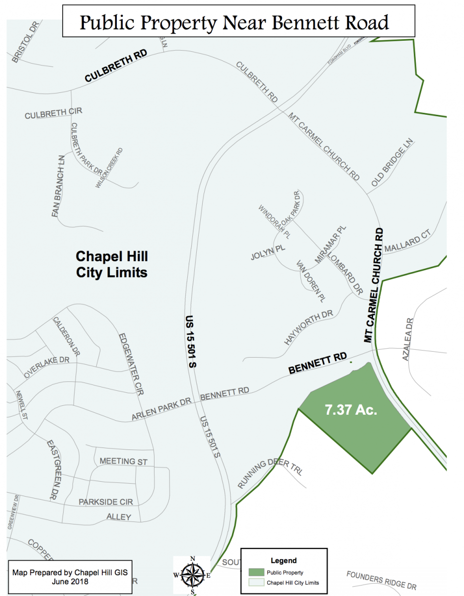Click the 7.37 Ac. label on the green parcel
pyautogui.click(x=351, y=411)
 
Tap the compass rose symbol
pyautogui.click(x=192, y=575)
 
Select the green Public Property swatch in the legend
pyautogui.click(x=256, y=572)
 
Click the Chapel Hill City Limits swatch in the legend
pyautogui.click(x=256, y=582)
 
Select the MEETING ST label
pyautogui.click(x=124, y=461)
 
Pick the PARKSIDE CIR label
pyautogui.click(x=106, y=502)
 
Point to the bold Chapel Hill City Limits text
pyautogui.click(x=111, y=264)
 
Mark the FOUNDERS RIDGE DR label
pyautogui.click(x=381, y=580)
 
